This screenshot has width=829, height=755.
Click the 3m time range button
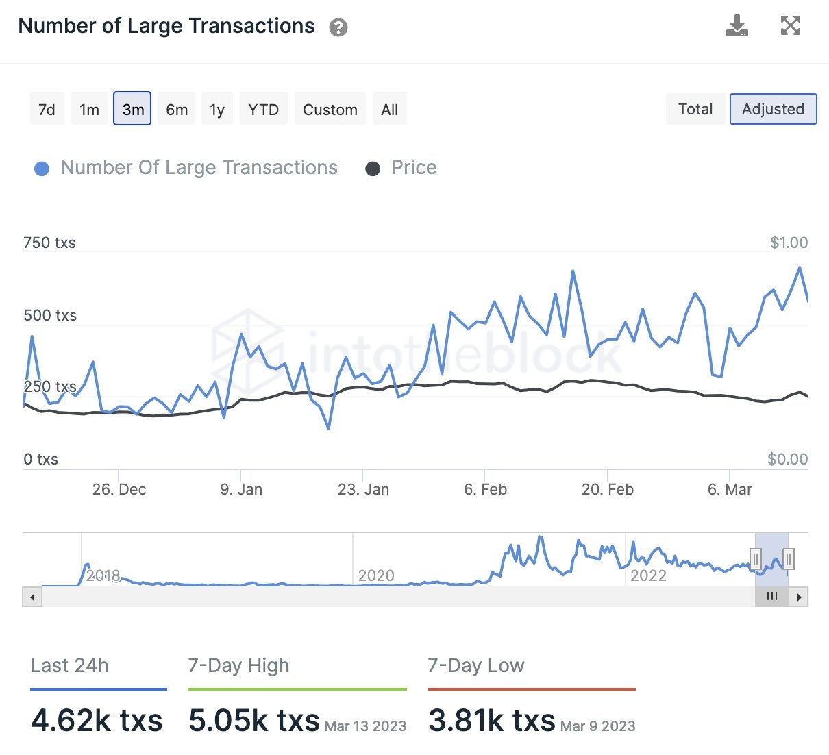pos(132,109)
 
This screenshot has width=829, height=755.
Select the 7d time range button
pos(47,109)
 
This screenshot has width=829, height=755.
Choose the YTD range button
pos(263,109)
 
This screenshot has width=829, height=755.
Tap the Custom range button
pos(330,109)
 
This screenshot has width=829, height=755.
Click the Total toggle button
pos(695,109)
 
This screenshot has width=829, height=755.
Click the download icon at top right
pos(737,26)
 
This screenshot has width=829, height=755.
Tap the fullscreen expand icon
pos(790,26)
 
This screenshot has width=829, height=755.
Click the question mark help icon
pos(338,27)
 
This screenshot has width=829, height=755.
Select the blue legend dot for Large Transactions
pos(42,169)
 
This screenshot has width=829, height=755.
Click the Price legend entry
pos(413,168)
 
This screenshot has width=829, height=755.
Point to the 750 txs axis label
pos(49,243)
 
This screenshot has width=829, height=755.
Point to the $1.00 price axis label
pos(789,243)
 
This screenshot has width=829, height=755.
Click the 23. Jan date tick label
pos(363,489)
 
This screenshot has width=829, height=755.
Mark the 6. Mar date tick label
pos(730,489)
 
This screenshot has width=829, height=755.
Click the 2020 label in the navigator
pos(376,575)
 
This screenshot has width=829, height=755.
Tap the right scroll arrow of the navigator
pos(799,597)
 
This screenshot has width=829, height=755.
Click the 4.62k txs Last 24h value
pos(97,720)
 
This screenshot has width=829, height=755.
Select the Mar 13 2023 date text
pos(365,726)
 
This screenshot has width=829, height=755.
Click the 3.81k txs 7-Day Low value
pos(491,720)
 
